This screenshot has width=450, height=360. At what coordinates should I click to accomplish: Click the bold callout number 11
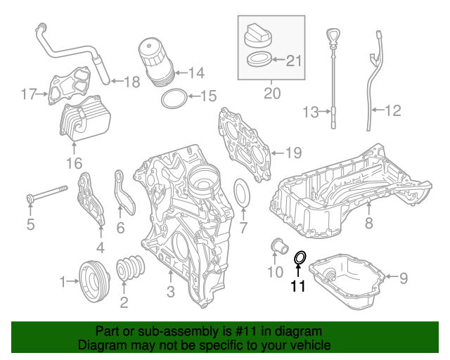pyautogui.click(x=298, y=286)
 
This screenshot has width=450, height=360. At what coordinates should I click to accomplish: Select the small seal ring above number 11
pyautogui.click(x=299, y=259)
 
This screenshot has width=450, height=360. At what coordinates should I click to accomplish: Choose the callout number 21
pyautogui.click(x=293, y=60)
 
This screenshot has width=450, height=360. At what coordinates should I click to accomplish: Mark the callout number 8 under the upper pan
pyautogui.click(x=368, y=224)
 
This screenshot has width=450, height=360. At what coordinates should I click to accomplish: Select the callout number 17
pyautogui.click(x=27, y=93)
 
